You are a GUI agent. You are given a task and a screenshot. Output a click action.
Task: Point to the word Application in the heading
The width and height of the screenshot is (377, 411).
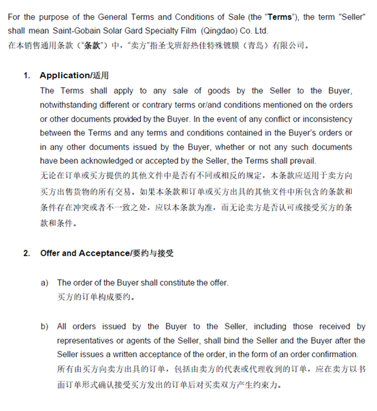point(65,75)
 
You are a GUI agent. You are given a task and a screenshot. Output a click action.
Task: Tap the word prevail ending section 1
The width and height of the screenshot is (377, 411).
point(303,161)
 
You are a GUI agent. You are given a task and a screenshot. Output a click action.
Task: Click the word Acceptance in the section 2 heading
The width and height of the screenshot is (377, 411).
point(105,253)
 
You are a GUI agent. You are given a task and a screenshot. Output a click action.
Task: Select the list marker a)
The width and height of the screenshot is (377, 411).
point(45,282)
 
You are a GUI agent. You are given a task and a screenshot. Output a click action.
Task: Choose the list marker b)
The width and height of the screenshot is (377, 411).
point(45,326)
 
